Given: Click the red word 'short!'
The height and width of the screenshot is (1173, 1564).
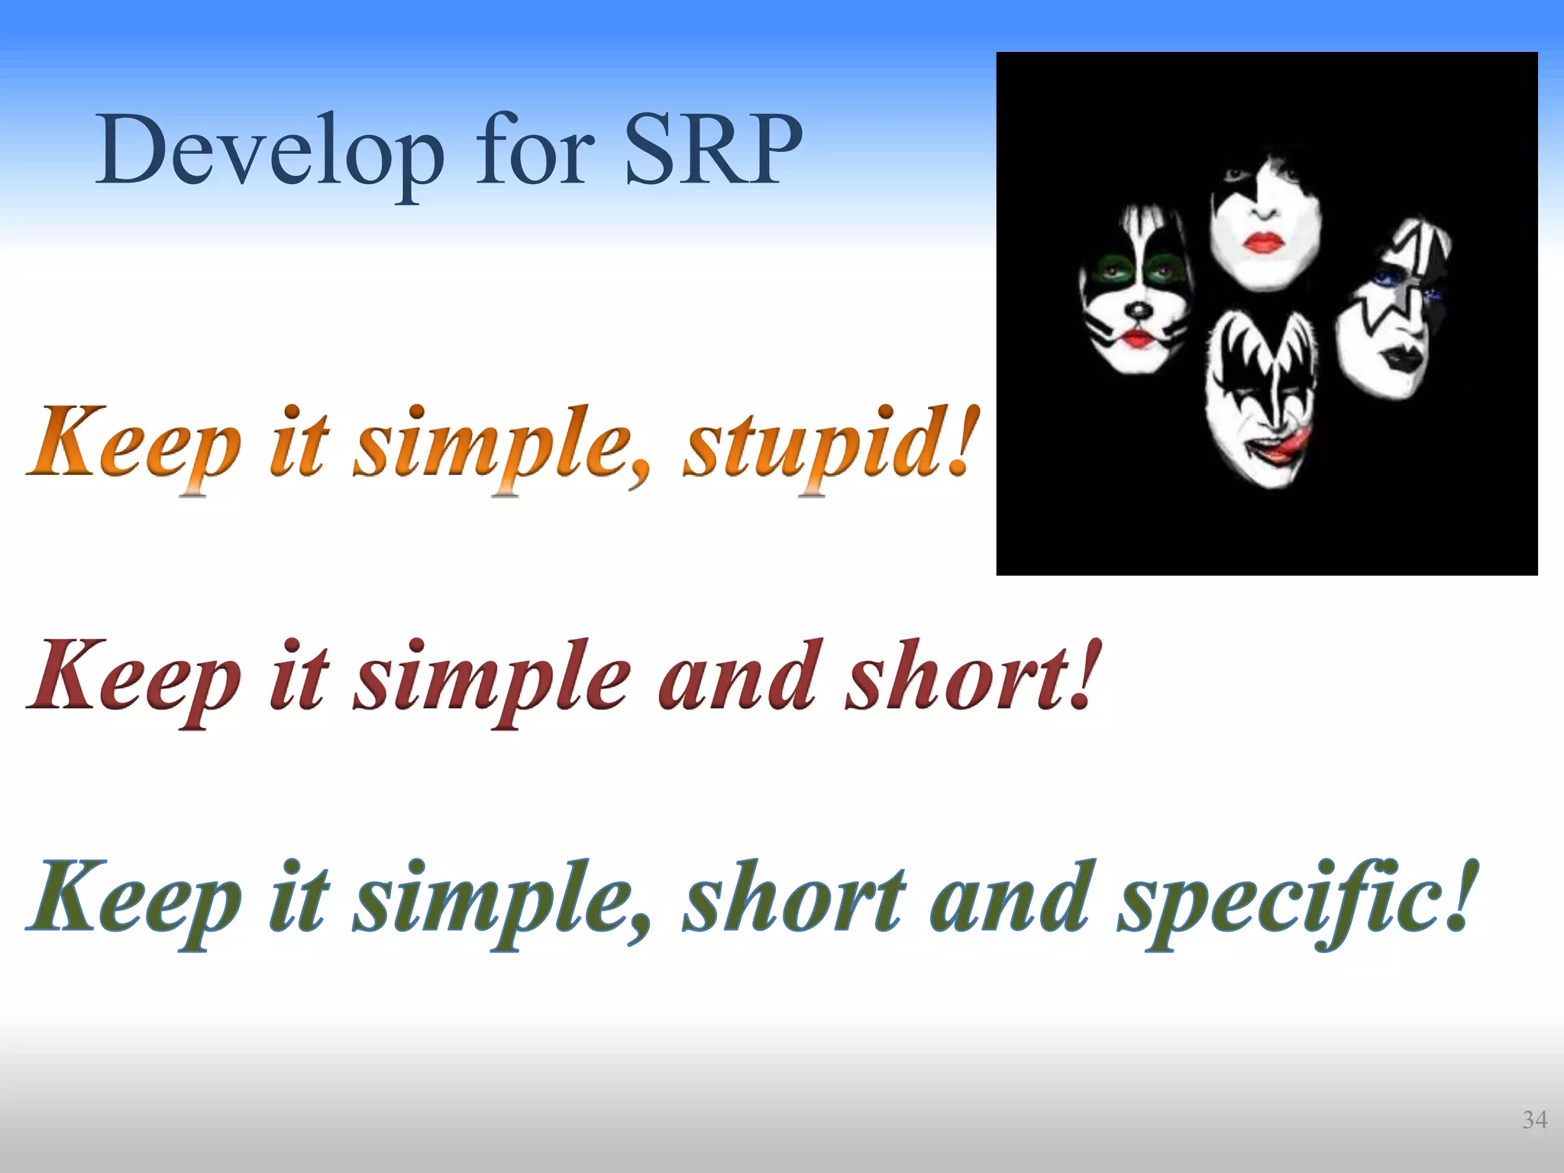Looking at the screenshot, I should coord(974,676).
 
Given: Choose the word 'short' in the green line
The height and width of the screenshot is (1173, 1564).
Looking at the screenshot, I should coord(794,897).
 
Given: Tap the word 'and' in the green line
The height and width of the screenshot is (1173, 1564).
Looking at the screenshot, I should coord(1008,897).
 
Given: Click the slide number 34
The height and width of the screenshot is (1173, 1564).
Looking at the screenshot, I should coord(1534,1120).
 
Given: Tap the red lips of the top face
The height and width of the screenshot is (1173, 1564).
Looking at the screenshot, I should coord(1264,242).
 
